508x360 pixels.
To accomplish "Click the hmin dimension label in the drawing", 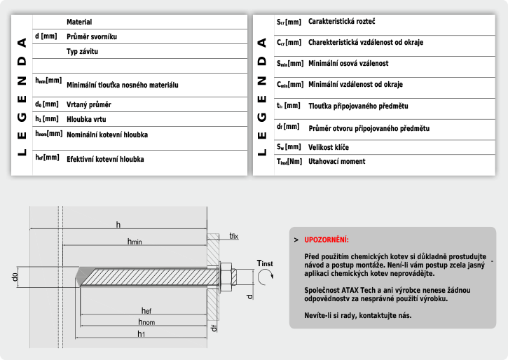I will click(x=135, y=241).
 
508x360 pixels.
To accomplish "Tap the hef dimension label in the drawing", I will click(x=146, y=310).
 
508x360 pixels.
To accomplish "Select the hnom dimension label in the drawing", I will click(x=146, y=322).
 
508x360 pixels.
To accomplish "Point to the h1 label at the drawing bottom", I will click(x=141, y=334).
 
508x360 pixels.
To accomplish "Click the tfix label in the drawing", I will click(x=233, y=236).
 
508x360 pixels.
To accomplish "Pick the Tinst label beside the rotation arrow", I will click(x=264, y=263).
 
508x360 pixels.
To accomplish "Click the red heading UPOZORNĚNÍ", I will click(x=327, y=240).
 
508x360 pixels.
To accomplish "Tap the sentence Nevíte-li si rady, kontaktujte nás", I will click(x=358, y=315).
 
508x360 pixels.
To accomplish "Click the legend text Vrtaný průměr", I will click(x=89, y=104).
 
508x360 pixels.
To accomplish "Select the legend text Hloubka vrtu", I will click(x=85, y=119).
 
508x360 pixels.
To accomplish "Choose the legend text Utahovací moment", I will click(x=336, y=161).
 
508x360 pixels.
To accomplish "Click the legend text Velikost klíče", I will click(x=329, y=147).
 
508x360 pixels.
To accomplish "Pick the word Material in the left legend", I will click(x=79, y=22).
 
